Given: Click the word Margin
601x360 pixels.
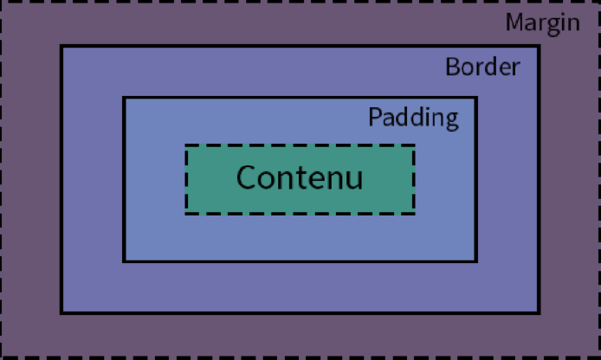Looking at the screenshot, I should (x=542, y=22).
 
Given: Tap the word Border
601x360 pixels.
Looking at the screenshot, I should (x=482, y=67).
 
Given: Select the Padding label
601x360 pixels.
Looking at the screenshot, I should (x=413, y=117).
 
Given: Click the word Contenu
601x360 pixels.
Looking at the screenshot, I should (x=299, y=178).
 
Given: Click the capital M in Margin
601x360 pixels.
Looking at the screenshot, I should (x=515, y=22).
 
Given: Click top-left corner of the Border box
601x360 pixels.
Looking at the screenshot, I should (x=61, y=46).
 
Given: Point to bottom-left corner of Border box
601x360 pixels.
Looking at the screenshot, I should (x=61, y=312).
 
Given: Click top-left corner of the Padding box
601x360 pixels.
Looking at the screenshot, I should (x=124, y=98).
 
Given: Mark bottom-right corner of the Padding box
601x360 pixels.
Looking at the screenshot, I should (x=475, y=260).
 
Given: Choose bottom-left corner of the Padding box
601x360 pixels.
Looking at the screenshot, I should (x=124, y=260).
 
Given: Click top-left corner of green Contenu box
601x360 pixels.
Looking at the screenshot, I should (x=186, y=145).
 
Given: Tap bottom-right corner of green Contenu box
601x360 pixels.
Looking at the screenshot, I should (x=413, y=212).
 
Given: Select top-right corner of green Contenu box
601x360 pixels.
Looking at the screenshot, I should (x=413, y=145).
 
